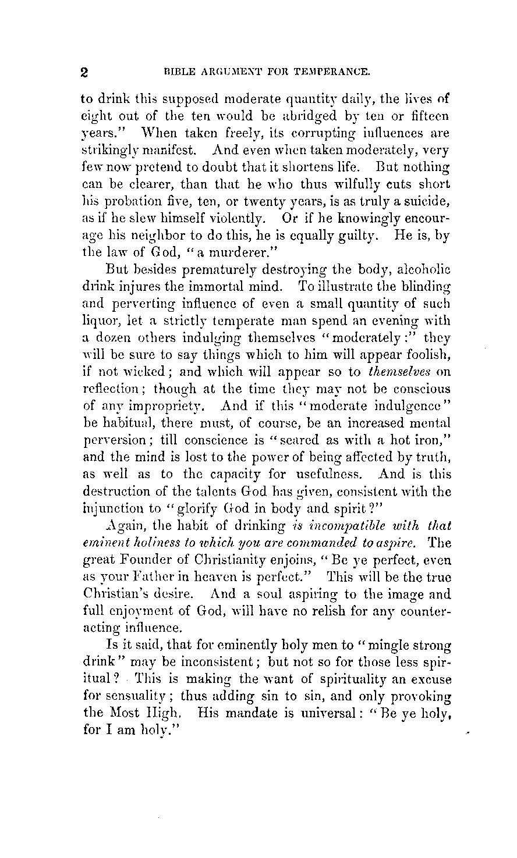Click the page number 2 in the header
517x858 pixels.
84,73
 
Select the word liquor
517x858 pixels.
99,320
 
